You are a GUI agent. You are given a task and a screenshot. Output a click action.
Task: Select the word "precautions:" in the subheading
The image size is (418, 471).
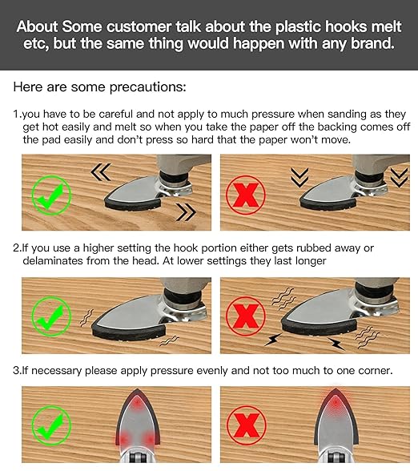[147, 87]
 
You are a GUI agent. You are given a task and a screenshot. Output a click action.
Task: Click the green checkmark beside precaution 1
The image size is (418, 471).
[51, 195]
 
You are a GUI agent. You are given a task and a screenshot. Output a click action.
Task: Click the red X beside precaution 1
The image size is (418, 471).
[245, 195]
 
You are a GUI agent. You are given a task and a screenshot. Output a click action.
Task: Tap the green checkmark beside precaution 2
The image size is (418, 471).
[51, 316]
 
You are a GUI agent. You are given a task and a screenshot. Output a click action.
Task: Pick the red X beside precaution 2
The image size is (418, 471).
[245, 316]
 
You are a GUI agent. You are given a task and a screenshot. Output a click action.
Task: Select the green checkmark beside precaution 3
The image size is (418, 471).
[51, 425]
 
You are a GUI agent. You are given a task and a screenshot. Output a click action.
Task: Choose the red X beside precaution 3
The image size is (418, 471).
[246, 425]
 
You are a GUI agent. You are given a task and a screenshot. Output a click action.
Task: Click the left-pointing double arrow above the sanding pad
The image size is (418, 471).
[101, 172]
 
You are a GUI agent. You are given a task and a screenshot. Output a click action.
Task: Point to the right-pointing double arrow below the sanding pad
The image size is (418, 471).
[186, 212]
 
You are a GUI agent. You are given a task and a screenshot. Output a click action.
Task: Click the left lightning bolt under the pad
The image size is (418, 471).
[272, 340]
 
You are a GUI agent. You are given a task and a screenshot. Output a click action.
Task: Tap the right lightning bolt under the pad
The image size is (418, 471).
[336, 344]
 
